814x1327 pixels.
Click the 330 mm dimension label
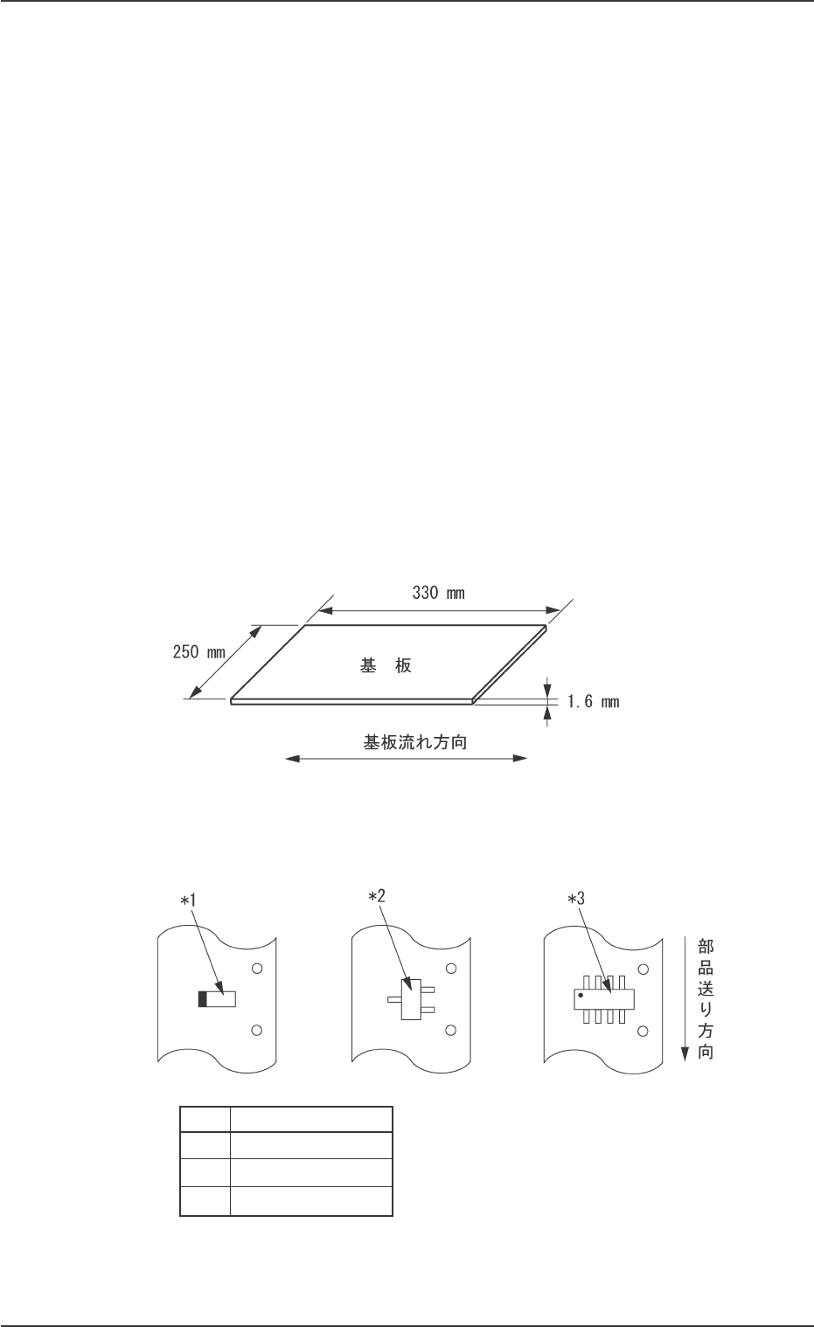[x=438, y=594]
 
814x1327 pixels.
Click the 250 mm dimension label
[x=197, y=652]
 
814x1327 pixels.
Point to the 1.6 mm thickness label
[x=593, y=701]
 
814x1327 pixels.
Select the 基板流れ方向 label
[x=414, y=743]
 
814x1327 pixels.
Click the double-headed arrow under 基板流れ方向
[x=407, y=759]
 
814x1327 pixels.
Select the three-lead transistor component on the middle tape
[x=409, y=999]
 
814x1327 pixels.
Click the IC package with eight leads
[x=603, y=999]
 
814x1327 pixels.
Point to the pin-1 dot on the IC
[x=581, y=995]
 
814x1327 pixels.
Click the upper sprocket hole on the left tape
[x=256, y=969]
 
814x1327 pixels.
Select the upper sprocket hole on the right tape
[x=644, y=969]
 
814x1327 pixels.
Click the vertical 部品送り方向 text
[x=706, y=999]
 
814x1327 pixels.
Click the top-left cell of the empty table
[x=205, y=1119]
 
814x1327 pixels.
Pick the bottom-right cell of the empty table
[x=310, y=1202]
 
